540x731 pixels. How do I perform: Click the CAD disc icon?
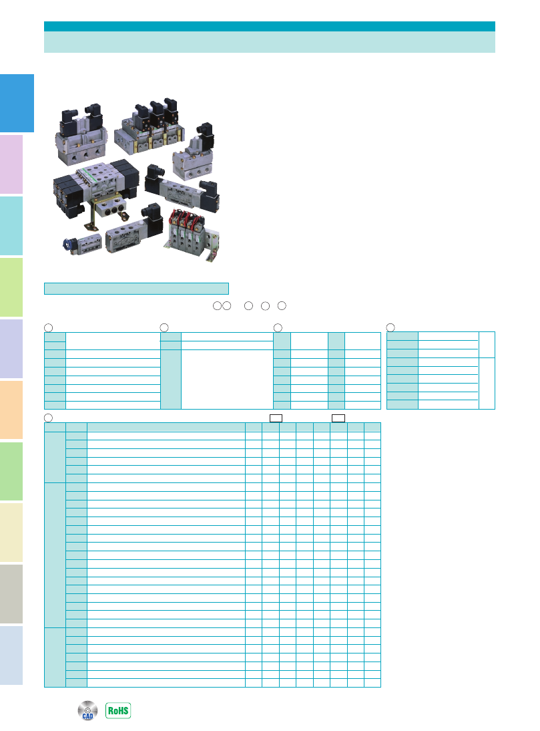point(87,710)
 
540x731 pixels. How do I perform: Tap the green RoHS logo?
point(118,710)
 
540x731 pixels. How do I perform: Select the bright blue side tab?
point(17,103)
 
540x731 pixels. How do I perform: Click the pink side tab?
point(11,164)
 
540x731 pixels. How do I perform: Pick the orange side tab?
point(11,410)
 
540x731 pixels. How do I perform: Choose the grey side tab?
point(11,594)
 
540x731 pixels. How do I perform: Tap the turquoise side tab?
point(11,226)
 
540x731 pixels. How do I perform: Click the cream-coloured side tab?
point(11,533)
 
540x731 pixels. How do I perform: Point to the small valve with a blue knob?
point(82,244)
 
